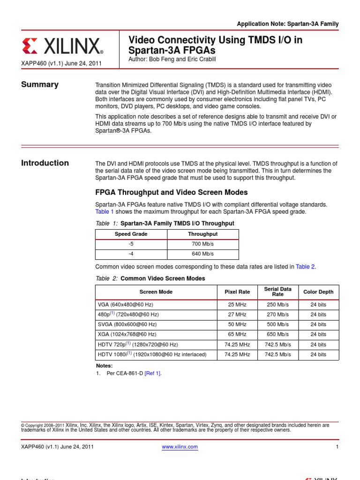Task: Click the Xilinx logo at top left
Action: point(62,46)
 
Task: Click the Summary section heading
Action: point(40,84)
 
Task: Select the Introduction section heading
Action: point(45,163)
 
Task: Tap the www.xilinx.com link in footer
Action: point(180,447)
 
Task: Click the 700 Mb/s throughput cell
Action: point(203,244)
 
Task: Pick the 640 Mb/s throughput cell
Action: point(203,254)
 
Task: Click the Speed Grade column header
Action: point(131,234)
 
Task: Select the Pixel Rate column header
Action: point(237,292)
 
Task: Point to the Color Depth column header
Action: point(318,292)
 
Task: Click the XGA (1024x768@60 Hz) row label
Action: point(127,334)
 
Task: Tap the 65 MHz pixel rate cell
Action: point(237,334)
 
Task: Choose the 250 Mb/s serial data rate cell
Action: point(278,304)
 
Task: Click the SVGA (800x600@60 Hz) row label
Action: point(127,324)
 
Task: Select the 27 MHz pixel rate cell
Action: point(237,315)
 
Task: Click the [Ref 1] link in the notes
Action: point(152,373)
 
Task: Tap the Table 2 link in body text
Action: point(305,267)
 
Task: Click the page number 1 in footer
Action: point(337,447)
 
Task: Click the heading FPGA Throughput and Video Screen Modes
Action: point(172,193)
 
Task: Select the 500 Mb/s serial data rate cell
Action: point(278,324)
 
